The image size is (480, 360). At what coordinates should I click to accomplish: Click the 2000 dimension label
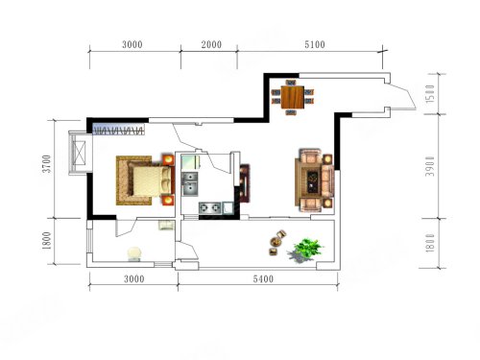[x=211, y=44]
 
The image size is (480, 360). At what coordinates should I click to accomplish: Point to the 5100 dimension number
[x=315, y=44]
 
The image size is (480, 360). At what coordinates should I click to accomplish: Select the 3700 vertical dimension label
[x=47, y=164]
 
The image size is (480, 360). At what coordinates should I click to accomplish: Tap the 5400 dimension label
[x=263, y=279]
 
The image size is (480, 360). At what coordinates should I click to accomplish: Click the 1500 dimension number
[x=430, y=93]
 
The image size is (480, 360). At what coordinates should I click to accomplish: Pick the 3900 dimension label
[x=430, y=166]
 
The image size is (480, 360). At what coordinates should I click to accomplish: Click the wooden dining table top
[x=293, y=97]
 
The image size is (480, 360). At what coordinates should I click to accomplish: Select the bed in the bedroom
[x=146, y=180]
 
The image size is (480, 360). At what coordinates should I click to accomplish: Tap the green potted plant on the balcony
[x=306, y=251]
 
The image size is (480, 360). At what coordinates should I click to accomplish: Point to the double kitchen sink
[x=190, y=184]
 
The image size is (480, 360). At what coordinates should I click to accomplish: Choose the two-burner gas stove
[x=210, y=207]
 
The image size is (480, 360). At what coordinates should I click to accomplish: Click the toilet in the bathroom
[x=134, y=253]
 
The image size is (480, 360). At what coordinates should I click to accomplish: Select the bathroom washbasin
[x=166, y=225]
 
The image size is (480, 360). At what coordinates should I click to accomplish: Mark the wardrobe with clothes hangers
[x=119, y=130]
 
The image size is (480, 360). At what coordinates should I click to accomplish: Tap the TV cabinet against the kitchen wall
[x=245, y=183]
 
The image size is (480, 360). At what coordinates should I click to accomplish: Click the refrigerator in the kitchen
[x=191, y=162]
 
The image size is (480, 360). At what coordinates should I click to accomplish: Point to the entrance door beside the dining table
[x=402, y=95]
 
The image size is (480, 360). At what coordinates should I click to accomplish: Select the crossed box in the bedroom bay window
[x=79, y=153]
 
